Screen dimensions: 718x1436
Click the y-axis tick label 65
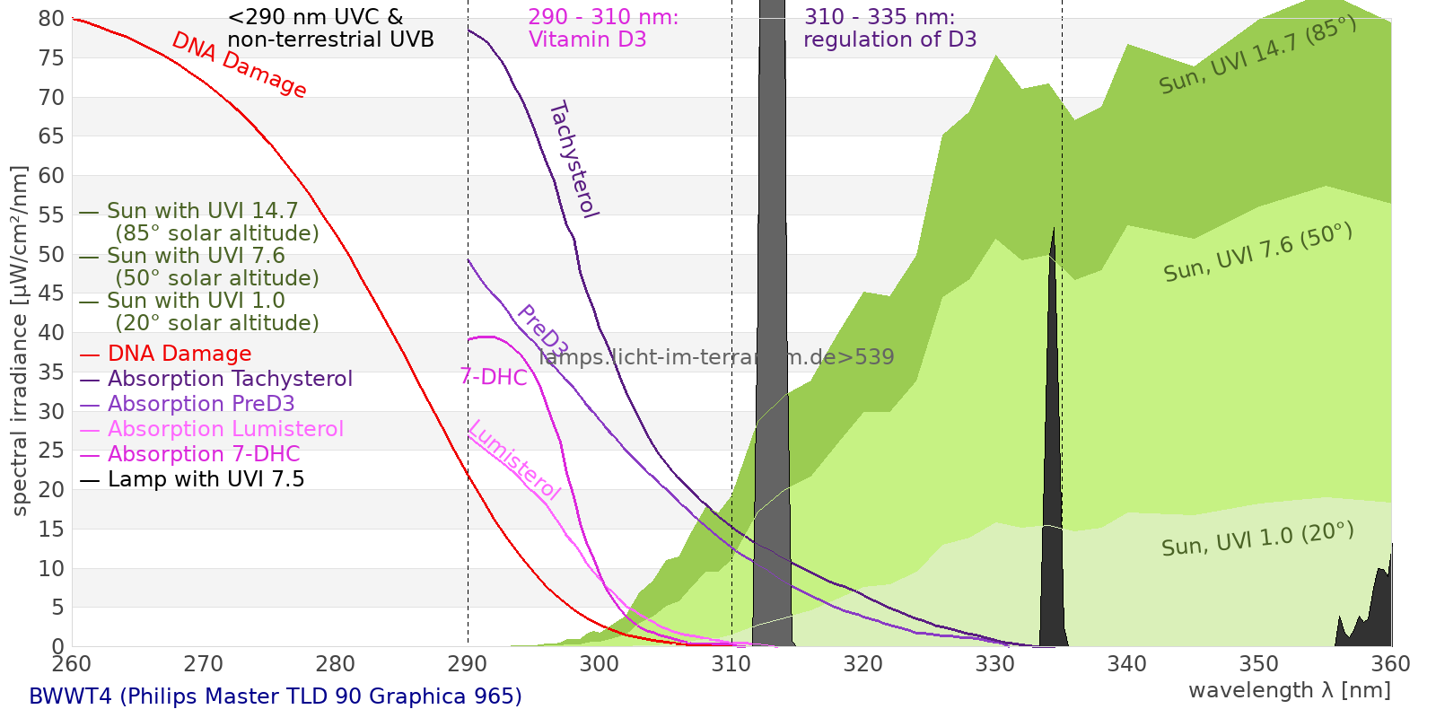point(51,136)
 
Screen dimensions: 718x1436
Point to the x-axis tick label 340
point(1126,664)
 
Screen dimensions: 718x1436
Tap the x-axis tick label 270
point(203,664)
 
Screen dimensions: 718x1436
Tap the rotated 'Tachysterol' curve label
point(574,160)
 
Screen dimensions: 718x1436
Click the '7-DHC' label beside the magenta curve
point(494,377)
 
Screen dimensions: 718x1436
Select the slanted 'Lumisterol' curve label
point(515,460)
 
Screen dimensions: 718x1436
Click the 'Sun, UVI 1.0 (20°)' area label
point(1257,539)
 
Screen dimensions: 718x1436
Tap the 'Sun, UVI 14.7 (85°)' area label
point(1257,56)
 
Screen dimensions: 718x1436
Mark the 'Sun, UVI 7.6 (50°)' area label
point(1257,253)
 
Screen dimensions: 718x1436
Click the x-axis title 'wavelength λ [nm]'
point(1289,690)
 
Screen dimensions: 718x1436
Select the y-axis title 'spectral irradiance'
point(20,341)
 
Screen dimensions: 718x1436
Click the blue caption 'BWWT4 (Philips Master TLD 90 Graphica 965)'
point(276,696)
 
